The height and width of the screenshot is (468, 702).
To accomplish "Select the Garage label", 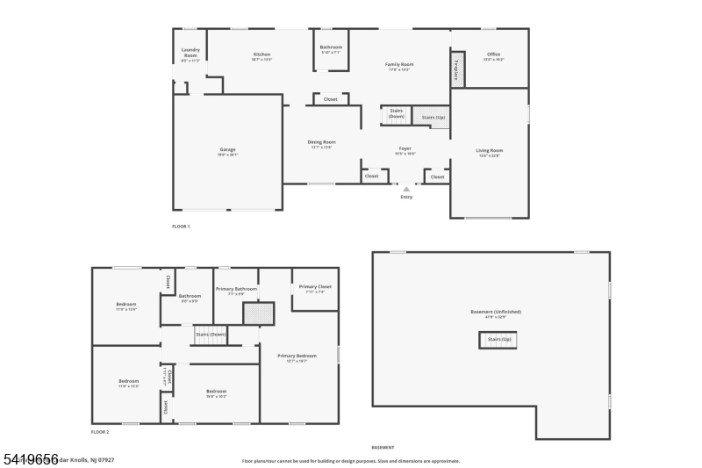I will (x=227, y=151).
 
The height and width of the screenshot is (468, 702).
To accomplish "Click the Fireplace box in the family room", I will (x=456, y=69).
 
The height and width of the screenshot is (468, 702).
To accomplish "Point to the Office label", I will (x=493, y=56).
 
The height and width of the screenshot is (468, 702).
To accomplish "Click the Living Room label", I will (x=489, y=152).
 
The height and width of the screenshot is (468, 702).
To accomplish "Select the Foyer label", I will (x=405, y=150).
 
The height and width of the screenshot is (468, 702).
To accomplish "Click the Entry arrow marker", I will (x=405, y=188).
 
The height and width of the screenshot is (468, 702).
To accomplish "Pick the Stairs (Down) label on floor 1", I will (x=397, y=113).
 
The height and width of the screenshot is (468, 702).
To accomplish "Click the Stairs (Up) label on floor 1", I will (x=433, y=117).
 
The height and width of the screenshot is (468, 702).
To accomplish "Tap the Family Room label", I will (x=399, y=66).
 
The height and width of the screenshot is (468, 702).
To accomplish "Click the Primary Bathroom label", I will (x=236, y=291).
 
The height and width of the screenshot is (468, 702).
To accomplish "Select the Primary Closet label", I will (x=314, y=289).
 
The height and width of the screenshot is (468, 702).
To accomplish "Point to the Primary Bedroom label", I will (x=297, y=357).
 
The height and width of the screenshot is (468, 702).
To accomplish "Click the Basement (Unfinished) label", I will (x=496, y=313).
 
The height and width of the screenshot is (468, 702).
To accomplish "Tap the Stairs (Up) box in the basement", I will (x=499, y=339).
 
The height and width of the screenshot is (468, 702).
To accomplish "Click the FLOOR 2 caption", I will (x=100, y=432).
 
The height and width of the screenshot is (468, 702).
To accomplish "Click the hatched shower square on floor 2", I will (x=259, y=313).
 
